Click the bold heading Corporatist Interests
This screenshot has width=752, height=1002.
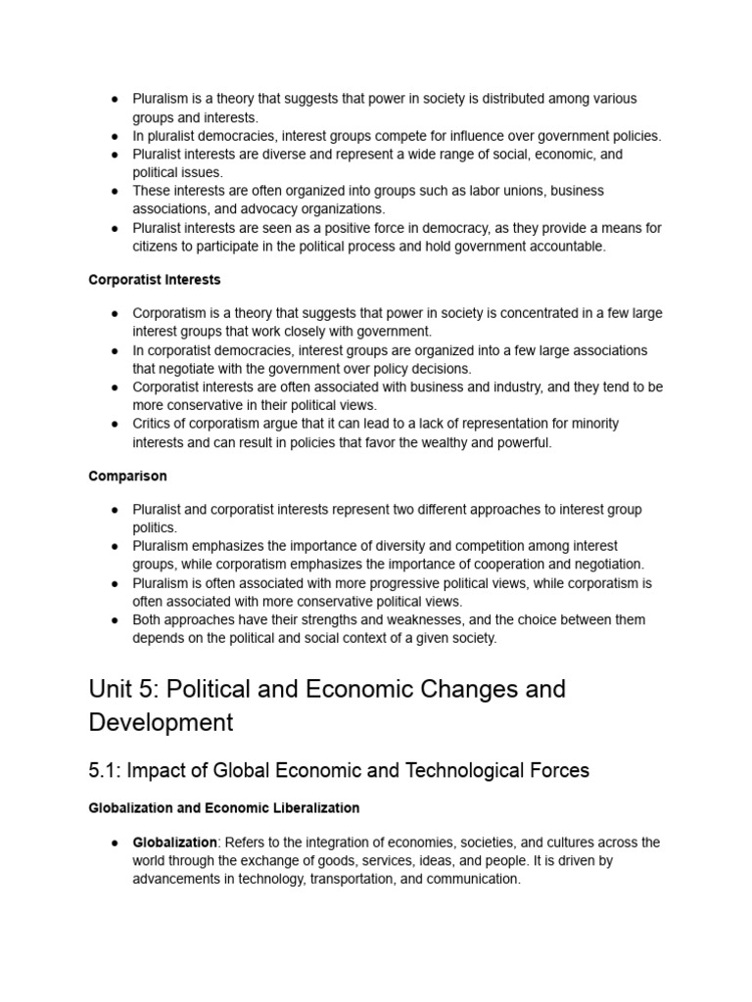click(x=155, y=280)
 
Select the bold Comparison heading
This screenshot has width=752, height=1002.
click(x=127, y=477)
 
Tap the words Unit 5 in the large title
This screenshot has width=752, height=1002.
click(x=123, y=689)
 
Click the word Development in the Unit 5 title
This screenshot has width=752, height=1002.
click(x=161, y=723)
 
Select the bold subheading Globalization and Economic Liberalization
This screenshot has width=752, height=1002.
click(x=223, y=808)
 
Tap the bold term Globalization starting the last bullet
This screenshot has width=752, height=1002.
click(x=175, y=843)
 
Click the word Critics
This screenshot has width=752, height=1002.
click(x=153, y=424)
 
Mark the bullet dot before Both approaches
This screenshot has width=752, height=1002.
click(x=115, y=620)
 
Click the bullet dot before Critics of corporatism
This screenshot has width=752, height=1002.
click(x=115, y=424)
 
